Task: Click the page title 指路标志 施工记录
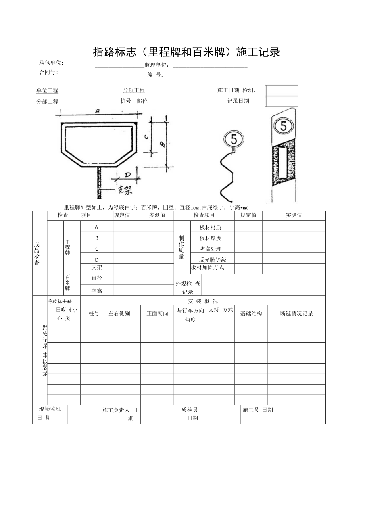pos(186,52)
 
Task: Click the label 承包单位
pos(51,63)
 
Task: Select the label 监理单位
pos(157,65)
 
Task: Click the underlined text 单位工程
pos(47,90)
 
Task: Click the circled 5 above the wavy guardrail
pos(233,139)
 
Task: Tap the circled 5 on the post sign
pos(283,126)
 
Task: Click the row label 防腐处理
pos(210,249)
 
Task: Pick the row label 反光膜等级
pos(212,260)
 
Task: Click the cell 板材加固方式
pos(207,267)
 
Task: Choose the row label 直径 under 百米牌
pos(97,278)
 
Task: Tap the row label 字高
pos(97,291)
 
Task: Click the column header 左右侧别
pos(119,313)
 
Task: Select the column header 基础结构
pos(251,313)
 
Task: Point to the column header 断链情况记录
pos(296,313)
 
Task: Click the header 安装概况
pos(203,301)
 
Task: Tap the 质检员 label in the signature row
pos(189,410)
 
